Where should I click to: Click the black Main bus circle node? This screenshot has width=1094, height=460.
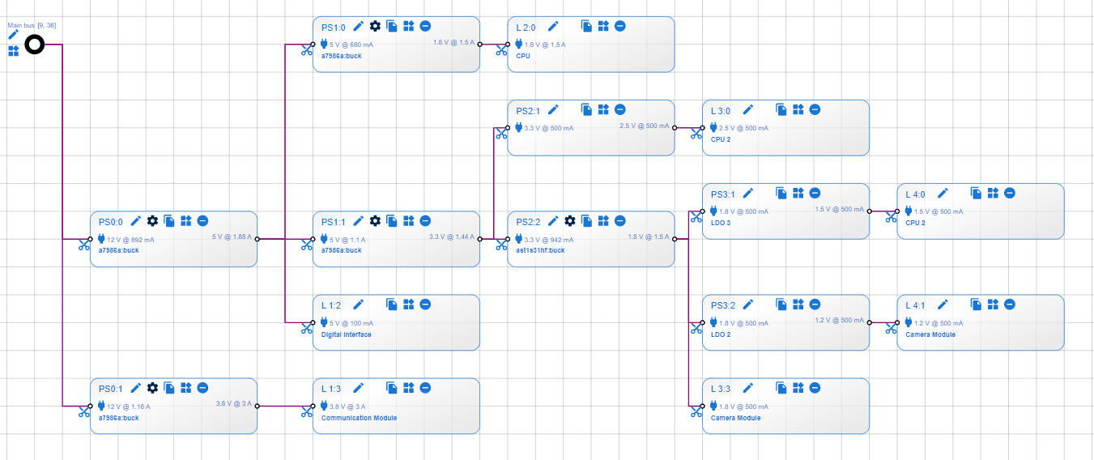click(34, 45)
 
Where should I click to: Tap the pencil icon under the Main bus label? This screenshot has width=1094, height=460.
click(13, 35)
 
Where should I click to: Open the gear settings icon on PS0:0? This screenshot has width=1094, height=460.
click(152, 220)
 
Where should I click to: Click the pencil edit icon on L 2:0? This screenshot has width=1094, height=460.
click(553, 26)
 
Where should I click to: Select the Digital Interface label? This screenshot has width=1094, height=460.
click(346, 334)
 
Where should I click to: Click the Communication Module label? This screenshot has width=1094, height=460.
click(359, 418)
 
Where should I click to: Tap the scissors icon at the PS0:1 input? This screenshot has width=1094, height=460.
click(84, 411)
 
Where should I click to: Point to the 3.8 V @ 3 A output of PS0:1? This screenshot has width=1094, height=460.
click(233, 403)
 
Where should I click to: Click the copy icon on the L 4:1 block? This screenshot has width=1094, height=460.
click(977, 305)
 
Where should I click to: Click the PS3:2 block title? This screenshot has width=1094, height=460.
click(722, 305)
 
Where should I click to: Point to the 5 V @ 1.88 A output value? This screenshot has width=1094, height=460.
click(232, 237)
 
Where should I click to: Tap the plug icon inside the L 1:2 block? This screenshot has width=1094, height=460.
click(324, 322)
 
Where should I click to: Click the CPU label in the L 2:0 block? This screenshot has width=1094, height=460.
click(522, 56)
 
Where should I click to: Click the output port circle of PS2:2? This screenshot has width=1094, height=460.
click(675, 240)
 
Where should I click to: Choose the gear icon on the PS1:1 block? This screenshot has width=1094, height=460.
click(375, 220)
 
